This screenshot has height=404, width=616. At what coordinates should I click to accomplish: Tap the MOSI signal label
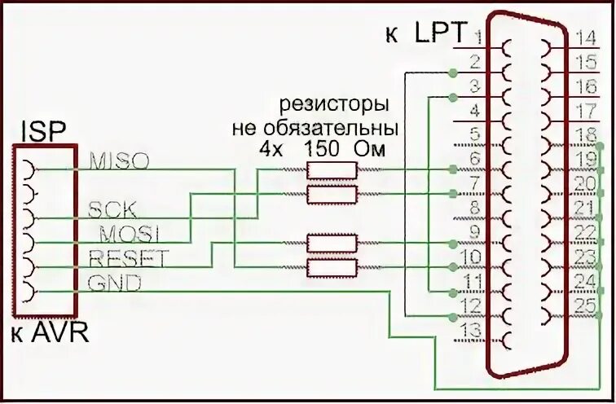(x=128, y=233)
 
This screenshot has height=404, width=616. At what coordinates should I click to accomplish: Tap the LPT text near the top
(x=440, y=33)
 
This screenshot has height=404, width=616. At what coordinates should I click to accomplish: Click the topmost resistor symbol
(x=331, y=169)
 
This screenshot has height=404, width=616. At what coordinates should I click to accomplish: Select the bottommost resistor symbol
(x=331, y=266)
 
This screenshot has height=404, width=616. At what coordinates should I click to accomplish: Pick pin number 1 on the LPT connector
(x=478, y=36)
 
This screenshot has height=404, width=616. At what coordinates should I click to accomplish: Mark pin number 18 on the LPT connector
(x=585, y=134)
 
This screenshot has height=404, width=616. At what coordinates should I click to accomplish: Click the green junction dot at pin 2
(x=452, y=73)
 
